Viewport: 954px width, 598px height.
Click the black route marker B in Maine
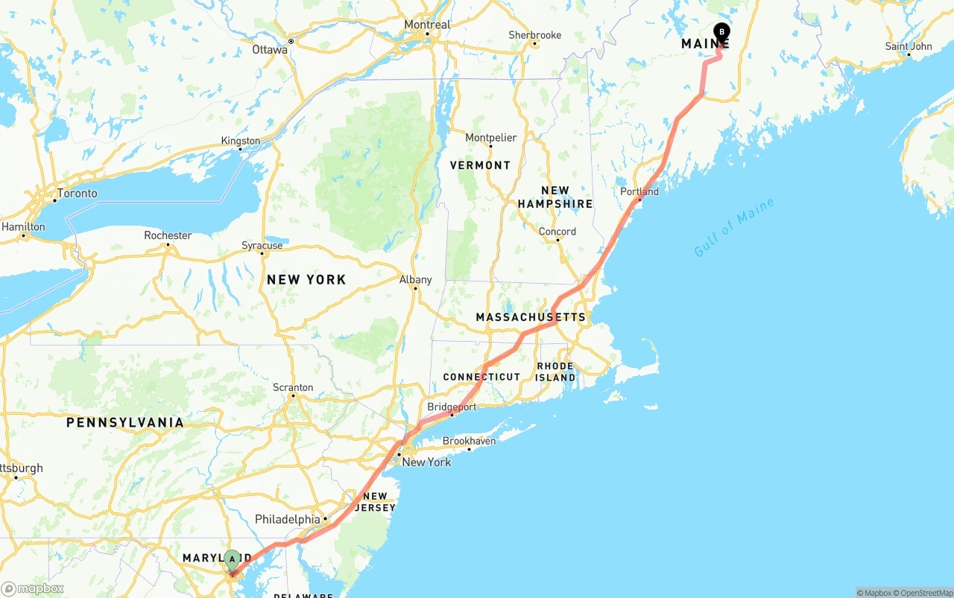[x=721, y=31]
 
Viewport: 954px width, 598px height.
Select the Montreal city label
[x=427, y=25]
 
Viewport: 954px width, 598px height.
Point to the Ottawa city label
[x=269, y=50]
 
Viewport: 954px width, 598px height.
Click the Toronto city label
[x=77, y=193]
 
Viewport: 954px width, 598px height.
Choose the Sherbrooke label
[x=534, y=35]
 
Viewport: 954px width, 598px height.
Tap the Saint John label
[x=909, y=46]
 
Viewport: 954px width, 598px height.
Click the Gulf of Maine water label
[x=734, y=227]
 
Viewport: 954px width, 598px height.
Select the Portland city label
[x=639, y=191]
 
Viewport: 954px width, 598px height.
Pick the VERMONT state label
[x=480, y=165]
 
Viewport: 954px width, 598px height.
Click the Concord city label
[x=557, y=232]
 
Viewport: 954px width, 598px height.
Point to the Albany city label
[x=415, y=280]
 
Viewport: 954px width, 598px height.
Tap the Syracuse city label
[x=262, y=245]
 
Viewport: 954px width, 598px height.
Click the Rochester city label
[x=168, y=235]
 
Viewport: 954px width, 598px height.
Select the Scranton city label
[x=293, y=387]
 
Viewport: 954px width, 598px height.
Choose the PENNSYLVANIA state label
[x=124, y=422]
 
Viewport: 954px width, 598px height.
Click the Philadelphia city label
[x=287, y=519]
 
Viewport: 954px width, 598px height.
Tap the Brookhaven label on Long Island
[x=469, y=441]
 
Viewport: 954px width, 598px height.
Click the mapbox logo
[x=33, y=588]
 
